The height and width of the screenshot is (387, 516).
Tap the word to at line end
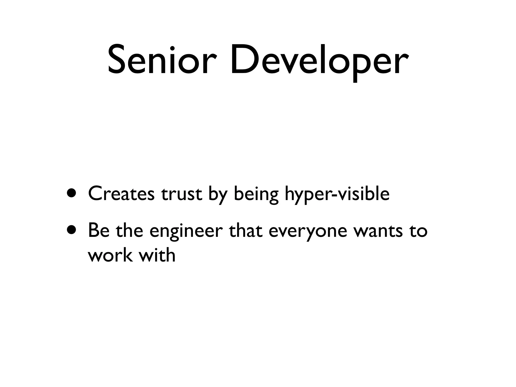(418, 231)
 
